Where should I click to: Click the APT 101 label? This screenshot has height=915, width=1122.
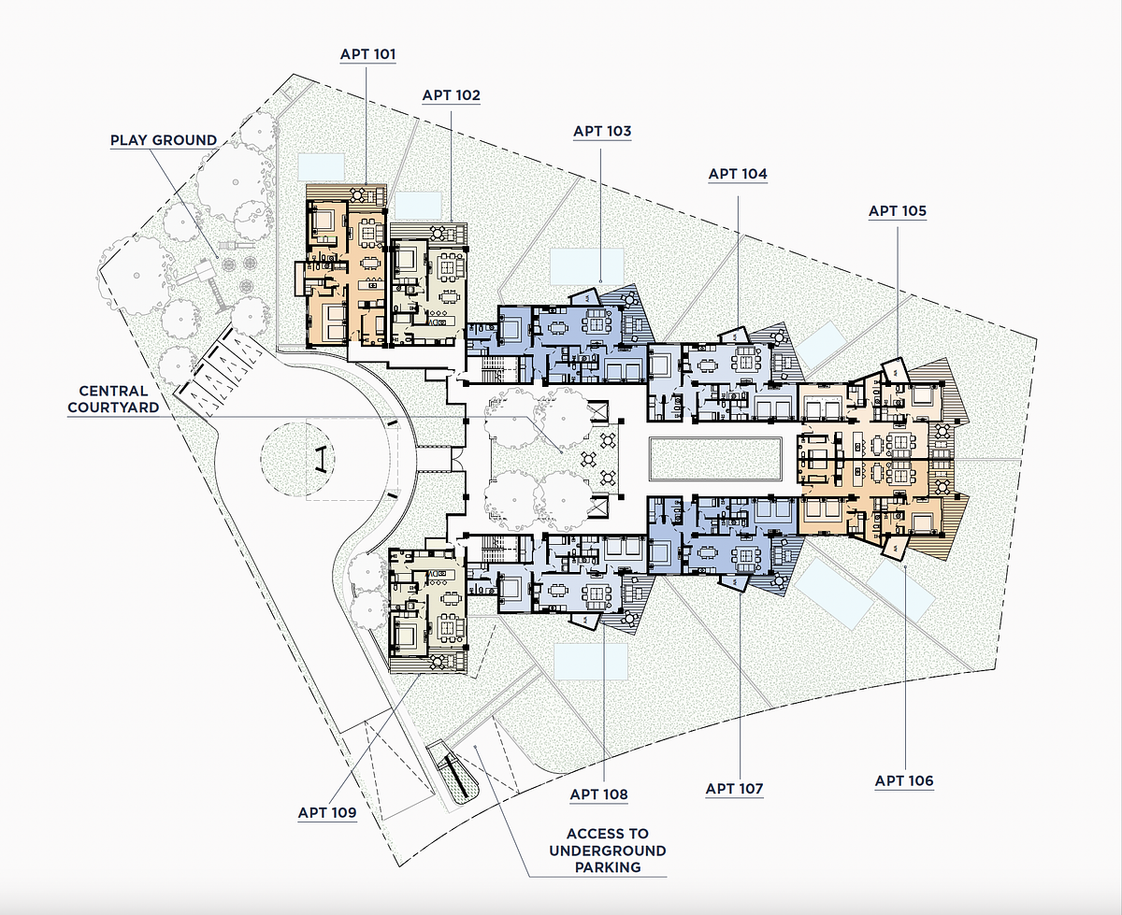pos(367,54)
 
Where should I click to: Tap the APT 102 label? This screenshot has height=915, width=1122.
pos(452,95)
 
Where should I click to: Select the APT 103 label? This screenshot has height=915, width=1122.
pos(602,131)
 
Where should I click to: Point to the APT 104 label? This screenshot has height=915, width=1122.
pos(738,174)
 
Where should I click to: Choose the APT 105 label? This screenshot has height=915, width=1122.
pos(898,211)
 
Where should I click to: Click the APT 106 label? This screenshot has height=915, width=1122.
pos(904,781)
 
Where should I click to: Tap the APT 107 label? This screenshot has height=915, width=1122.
pos(734,789)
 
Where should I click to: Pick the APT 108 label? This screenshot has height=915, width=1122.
pos(598,794)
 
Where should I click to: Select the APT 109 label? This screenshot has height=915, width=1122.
pos(327,812)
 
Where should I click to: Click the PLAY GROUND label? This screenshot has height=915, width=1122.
pos(164,140)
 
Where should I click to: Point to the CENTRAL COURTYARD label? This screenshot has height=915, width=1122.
pos(113,399)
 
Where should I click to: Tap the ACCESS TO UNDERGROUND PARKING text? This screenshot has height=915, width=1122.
pos(608,851)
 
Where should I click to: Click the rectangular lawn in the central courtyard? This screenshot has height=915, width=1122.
pos(715,459)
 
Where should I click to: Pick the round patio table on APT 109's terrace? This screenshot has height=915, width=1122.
pos(438,662)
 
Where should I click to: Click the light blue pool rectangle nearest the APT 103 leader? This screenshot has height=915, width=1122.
pos(587,266)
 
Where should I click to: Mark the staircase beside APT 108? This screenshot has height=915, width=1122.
pos(493,549)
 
